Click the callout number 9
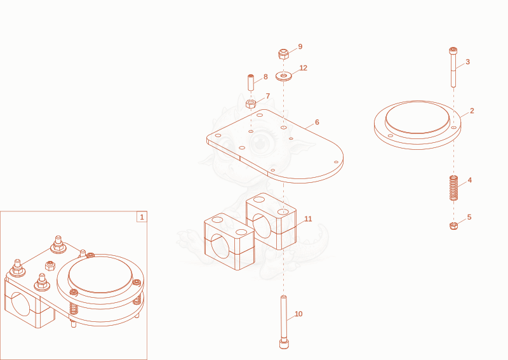coord(300,46)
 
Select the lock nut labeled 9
coord(283,54)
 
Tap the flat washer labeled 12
coord(284,76)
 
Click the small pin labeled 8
coord(251,83)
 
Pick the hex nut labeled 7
coord(251,103)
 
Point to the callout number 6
coord(317,122)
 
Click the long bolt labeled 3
coord(453,67)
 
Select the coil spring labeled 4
coord(453,187)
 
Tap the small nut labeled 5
coord(454,226)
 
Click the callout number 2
coord(472,111)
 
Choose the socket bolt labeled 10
coord(284,322)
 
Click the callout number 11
coord(308,219)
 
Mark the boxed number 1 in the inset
coord(142,217)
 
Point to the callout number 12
coord(304,68)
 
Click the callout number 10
coord(298,314)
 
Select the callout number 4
coord(470,180)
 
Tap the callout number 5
coord(469,217)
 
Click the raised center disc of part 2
coord(417,117)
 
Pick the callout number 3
coord(467,62)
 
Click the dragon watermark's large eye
coord(259,142)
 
